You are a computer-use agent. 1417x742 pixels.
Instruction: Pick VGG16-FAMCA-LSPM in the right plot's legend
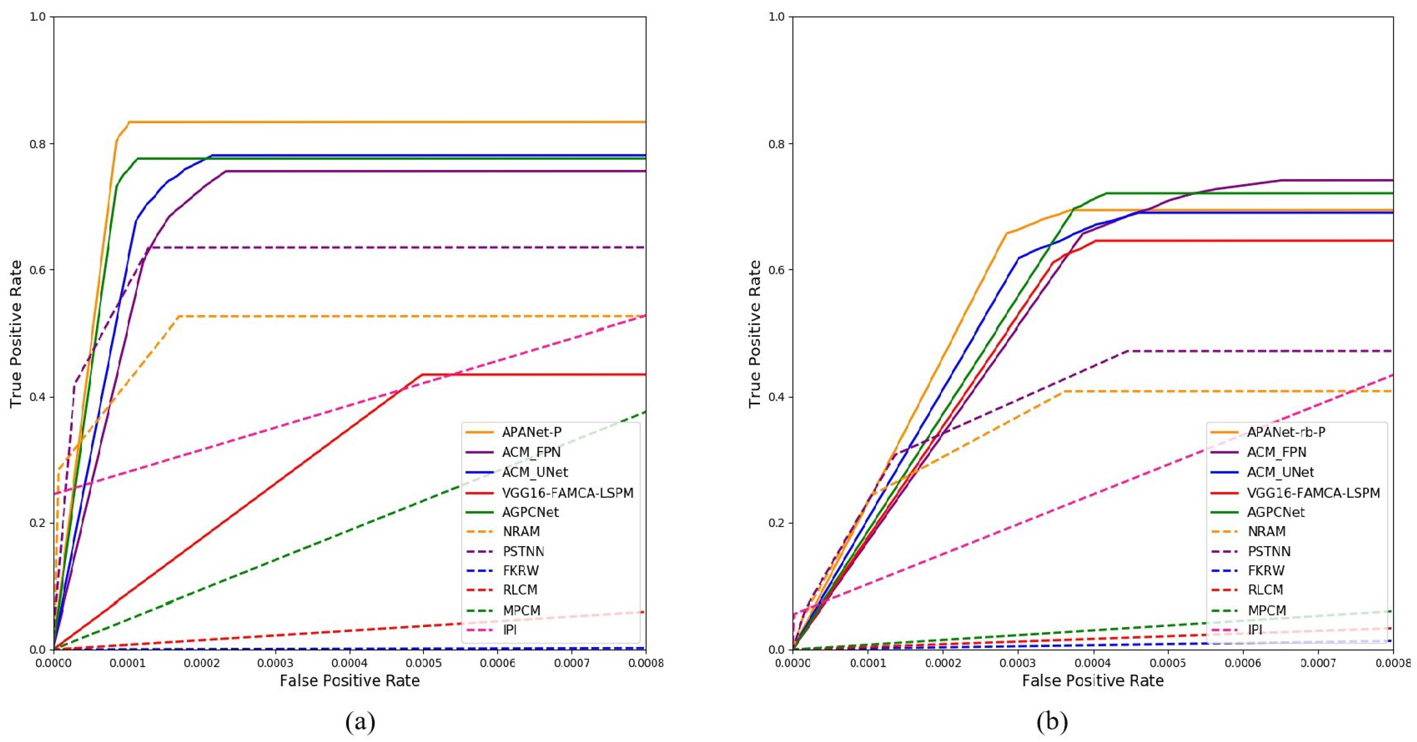(x=1313, y=493)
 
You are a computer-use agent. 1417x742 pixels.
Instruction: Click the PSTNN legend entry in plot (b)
(x=1269, y=551)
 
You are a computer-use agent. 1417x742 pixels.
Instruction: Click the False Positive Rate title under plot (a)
(x=349, y=681)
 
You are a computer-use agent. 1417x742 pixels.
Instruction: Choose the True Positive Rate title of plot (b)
(x=755, y=334)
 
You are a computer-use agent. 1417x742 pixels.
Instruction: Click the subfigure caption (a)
(x=360, y=721)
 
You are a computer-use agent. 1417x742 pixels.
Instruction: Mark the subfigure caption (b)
(x=1052, y=721)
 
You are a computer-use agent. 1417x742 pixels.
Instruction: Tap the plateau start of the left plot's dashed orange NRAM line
(x=179, y=316)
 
